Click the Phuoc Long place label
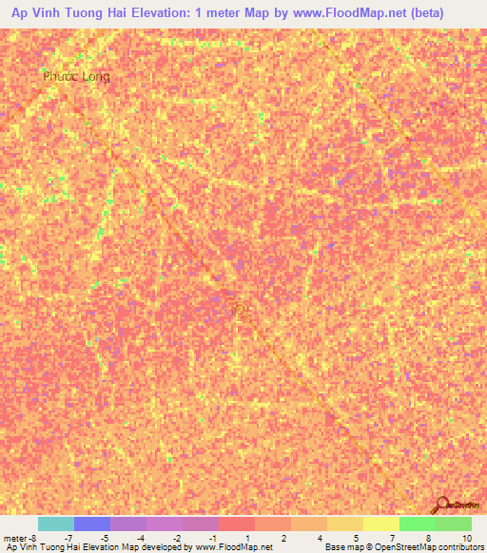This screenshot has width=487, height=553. click(x=76, y=76)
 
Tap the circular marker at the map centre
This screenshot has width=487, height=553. click(x=240, y=308)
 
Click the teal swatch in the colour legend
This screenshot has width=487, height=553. click(x=56, y=524)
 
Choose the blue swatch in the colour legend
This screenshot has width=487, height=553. click(x=92, y=524)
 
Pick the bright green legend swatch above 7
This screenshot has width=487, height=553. click(x=418, y=524)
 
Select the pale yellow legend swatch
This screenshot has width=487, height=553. click(x=381, y=524)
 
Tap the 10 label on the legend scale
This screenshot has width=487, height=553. click(x=465, y=538)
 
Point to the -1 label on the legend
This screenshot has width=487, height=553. click(x=213, y=538)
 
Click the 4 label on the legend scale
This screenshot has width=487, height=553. click(x=321, y=538)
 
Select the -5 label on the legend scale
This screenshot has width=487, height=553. click(x=105, y=538)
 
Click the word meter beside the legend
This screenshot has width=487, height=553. click(x=15, y=538)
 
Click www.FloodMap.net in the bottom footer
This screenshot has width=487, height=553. click(x=234, y=547)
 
